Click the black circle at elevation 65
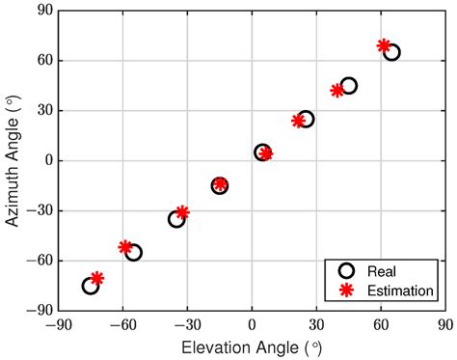(391, 52)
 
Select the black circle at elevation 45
(349, 86)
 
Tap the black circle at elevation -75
(91, 286)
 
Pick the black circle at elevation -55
(134, 253)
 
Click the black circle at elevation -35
(176, 219)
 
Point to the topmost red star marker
(384, 45)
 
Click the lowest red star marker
(97, 278)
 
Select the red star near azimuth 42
(337, 91)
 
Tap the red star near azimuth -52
(125, 247)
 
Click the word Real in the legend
(382, 270)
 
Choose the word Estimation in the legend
(400, 289)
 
